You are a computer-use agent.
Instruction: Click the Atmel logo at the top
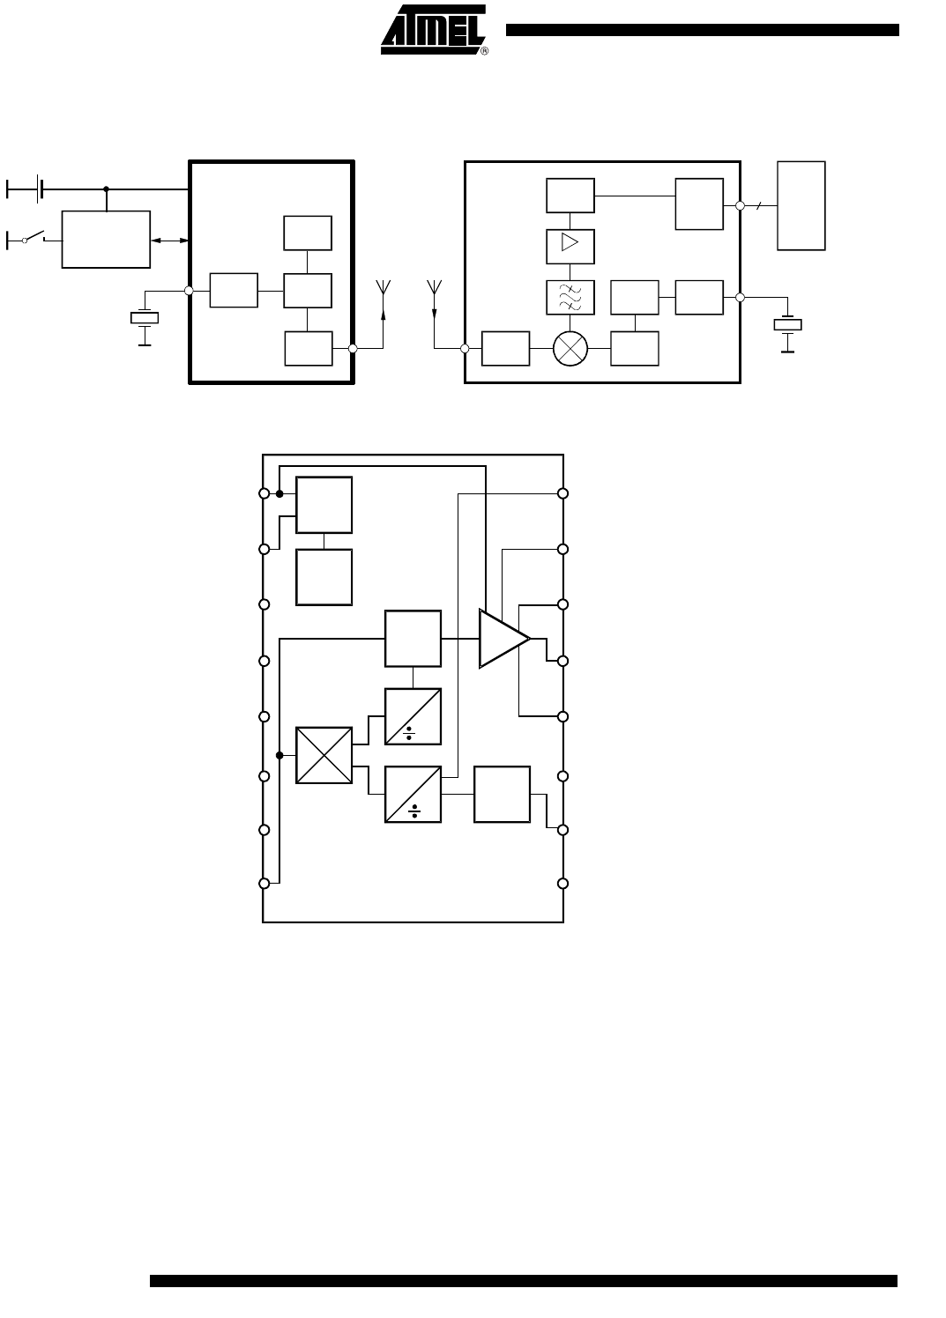point(433,29)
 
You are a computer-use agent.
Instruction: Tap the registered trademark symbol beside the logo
point(485,51)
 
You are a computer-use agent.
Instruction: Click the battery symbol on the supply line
point(40,189)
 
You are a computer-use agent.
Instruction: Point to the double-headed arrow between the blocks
point(169,240)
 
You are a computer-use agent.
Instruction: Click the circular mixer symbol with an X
point(570,348)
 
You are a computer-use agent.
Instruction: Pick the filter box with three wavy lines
point(570,297)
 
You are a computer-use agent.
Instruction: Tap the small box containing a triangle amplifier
point(570,247)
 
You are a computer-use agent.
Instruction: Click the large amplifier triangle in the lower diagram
point(504,639)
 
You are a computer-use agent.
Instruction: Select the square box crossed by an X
point(324,756)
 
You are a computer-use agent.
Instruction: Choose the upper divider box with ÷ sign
point(413,716)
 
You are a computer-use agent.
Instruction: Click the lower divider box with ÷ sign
point(413,795)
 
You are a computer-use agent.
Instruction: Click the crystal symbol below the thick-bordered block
point(145,318)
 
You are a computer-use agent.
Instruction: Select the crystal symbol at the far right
point(787,324)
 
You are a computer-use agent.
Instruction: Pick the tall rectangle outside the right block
point(801,206)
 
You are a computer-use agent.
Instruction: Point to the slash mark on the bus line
point(759,205)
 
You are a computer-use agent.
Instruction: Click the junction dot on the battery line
point(106,189)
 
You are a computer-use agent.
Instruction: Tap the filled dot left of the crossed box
point(279,756)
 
